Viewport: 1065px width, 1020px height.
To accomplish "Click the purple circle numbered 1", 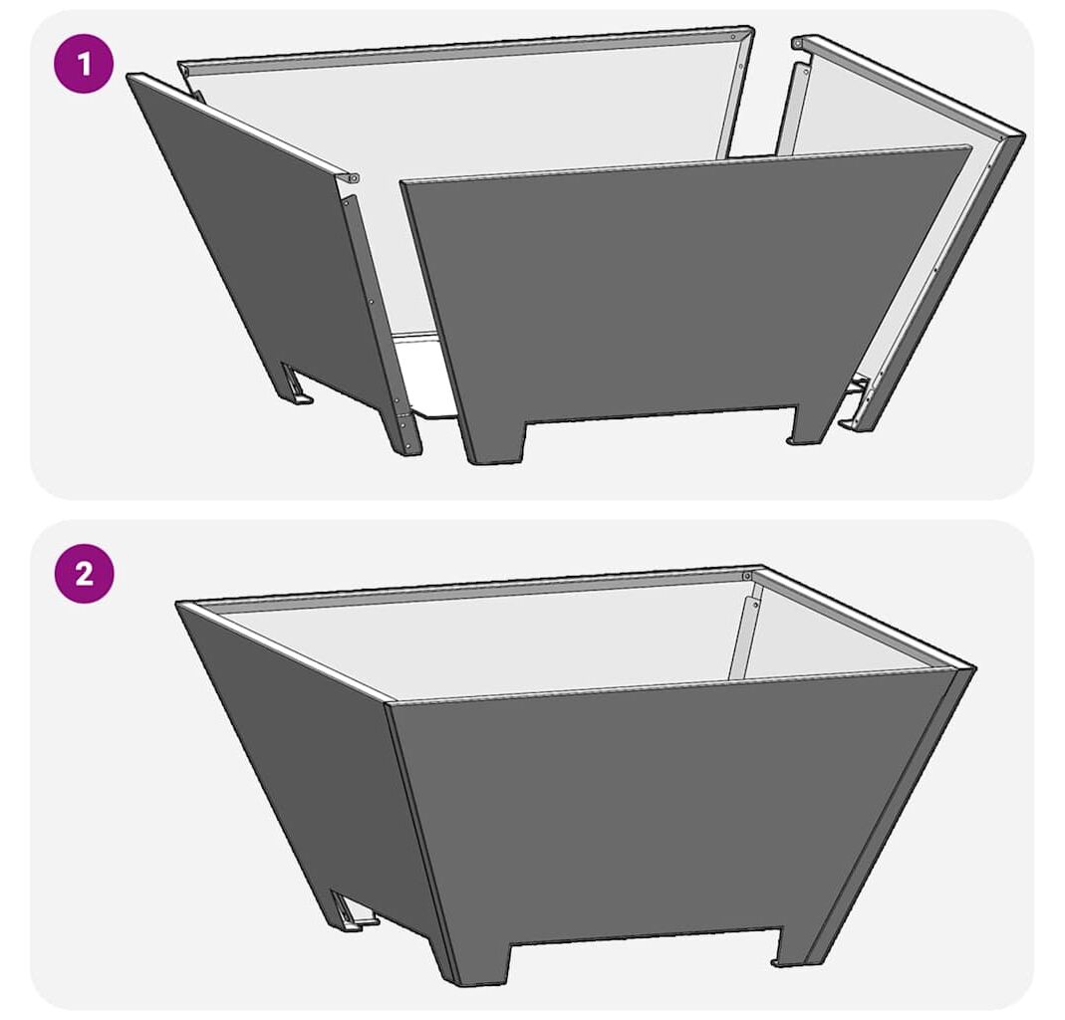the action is click(85, 65).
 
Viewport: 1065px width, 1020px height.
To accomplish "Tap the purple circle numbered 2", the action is click(85, 574).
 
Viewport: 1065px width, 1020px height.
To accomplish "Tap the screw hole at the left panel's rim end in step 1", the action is click(354, 178).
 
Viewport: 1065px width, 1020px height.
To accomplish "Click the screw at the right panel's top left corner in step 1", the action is click(798, 44).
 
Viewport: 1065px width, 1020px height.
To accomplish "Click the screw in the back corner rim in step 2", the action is click(746, 576).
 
